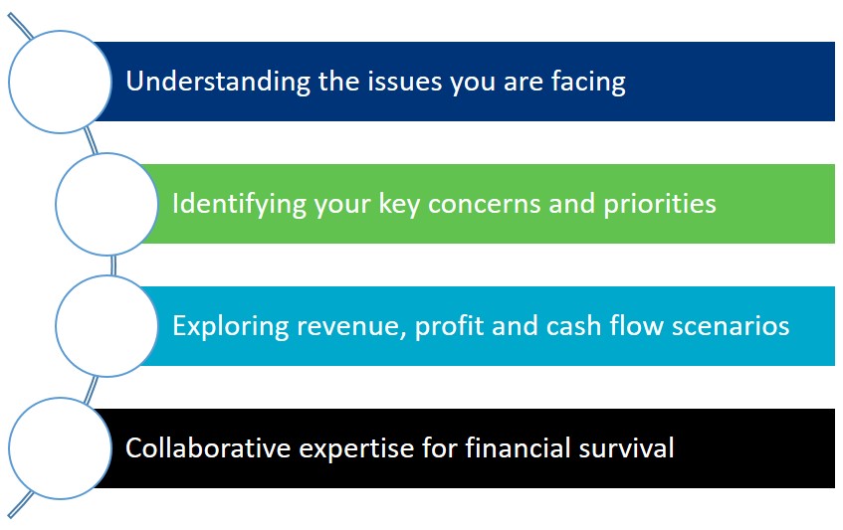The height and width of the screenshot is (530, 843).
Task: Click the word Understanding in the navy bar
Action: [x=218, y=82]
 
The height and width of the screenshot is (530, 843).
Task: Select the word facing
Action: [x=588, y=82]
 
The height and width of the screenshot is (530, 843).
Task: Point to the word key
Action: [x=399, y=204]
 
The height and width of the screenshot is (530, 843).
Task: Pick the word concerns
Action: [x=485, y=204]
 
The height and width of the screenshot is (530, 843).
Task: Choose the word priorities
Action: [x=660, y=204]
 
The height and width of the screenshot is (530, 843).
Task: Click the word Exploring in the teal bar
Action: [x=231, y=326]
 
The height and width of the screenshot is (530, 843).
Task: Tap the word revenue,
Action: [x=351, y=327]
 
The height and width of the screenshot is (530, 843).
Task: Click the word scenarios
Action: [x=731, y=327]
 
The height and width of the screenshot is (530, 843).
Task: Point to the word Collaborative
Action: [x=208, y=447]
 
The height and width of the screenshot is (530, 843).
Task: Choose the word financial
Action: [x=518, y=447]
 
